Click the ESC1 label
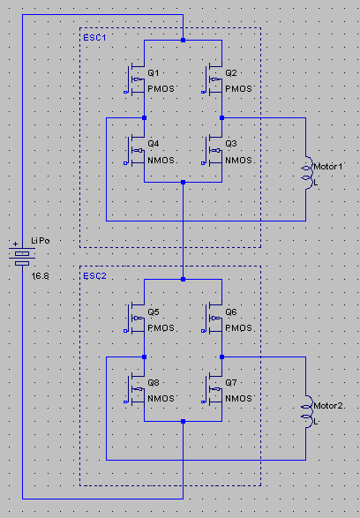click(94, 38)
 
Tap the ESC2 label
click(94, 276)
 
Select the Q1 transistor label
click(154, 73)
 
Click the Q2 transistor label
click(231, 73)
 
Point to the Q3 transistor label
click(231, 144)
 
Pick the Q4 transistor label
click(154, 144)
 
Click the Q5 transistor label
click(154, 312)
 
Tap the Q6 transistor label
click(231, 312)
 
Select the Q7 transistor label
click(231, 383)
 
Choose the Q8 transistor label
click(154, 383)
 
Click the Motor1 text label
click(328, 167)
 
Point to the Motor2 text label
click(328, 406)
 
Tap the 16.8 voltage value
click(40, 276)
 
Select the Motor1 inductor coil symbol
click(307, 173)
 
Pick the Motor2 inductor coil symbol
click(307, 411)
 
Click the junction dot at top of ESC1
click(183, 41)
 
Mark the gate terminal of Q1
click(125, 92)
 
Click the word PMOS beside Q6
click(238, 328)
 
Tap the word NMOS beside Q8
click(161, 399)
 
